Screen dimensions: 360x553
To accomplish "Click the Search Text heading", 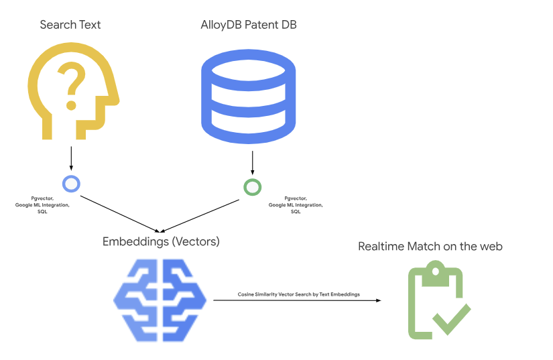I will click(x=70, y=25).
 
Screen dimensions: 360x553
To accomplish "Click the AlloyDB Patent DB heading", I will click(x=249, y=25).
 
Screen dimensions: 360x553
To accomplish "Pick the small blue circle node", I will click(x=71, y=183).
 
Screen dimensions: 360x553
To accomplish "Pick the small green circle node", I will click(x=253, y=186).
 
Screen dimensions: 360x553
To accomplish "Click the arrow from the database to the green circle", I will click(x=253, y=162).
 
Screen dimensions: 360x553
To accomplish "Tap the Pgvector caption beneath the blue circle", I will click(x=42, y=205).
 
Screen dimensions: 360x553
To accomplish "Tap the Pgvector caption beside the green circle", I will click(x=296, y=205).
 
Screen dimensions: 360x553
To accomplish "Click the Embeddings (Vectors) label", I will click(x=161, y=241).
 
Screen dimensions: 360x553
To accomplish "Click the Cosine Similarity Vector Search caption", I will click(x=298, y=294).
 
